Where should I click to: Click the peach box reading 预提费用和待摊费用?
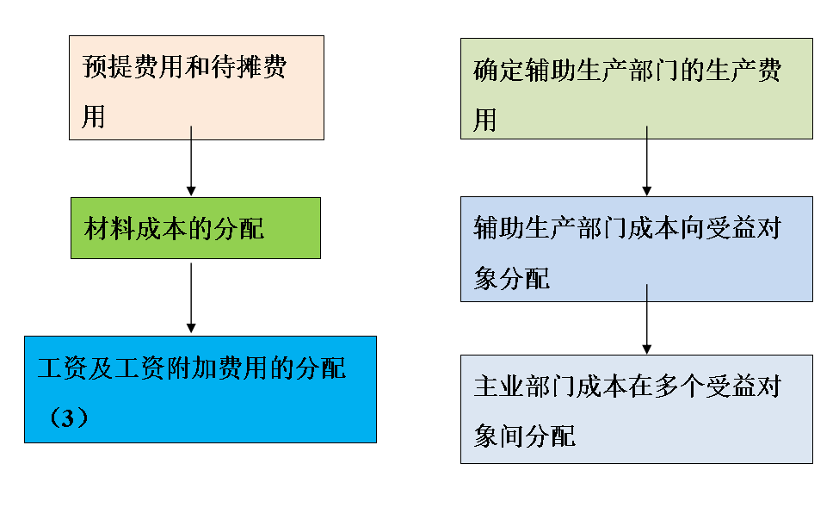[196, 88]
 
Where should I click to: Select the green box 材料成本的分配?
[195, 228]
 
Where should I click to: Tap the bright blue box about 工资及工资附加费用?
[200, 389]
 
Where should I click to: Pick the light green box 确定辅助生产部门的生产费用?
[636, 89]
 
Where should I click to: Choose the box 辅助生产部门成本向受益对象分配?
[636, 249]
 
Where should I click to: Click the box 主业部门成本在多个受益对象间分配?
[636, 409]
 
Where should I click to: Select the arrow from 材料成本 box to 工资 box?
[191, 298]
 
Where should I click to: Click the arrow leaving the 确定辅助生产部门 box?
[646, 162]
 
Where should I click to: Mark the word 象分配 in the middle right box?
[512, 278]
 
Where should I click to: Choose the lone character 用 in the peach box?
[94, 116]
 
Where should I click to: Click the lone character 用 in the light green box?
[486, 119]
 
